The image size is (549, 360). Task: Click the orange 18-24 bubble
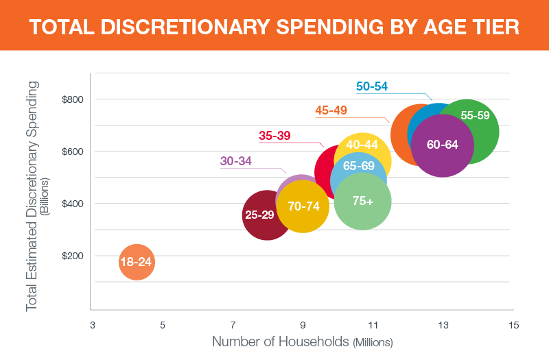137,263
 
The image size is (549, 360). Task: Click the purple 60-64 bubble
442,145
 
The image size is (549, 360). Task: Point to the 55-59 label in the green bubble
475,116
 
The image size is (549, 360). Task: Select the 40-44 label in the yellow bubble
362,145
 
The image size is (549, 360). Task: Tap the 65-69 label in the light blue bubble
359,166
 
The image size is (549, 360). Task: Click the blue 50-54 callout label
372,86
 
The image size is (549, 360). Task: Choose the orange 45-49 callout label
331,110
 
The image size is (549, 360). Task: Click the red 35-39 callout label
275,136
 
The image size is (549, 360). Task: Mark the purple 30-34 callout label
236,161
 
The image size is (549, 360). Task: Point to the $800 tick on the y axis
72,99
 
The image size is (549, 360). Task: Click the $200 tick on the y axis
72,256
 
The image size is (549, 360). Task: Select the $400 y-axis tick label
72,204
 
